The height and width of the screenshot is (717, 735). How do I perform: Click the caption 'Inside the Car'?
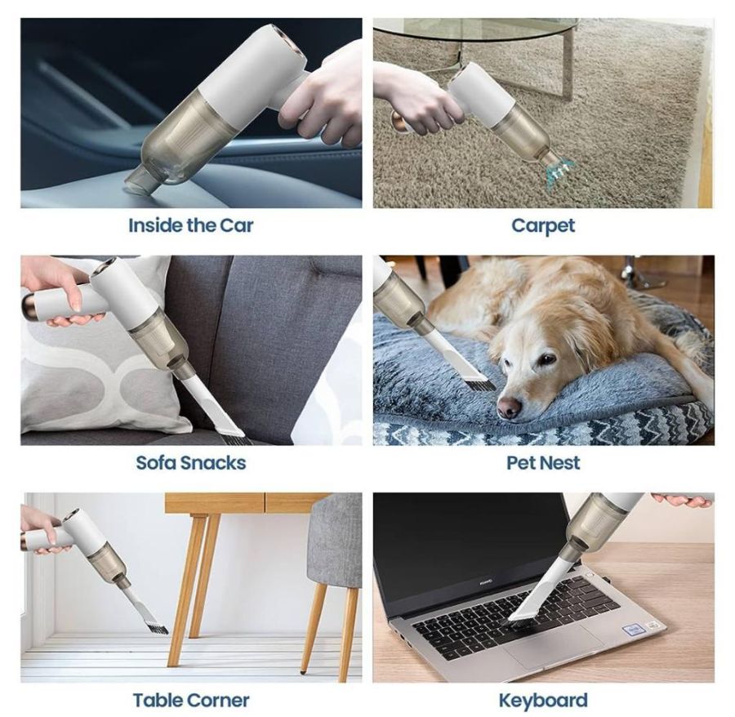(191, 225)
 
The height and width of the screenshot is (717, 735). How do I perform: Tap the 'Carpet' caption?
(543, 226)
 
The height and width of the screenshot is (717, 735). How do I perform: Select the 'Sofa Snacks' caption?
(191, 462)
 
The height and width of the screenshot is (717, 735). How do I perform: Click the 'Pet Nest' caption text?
(543, 462)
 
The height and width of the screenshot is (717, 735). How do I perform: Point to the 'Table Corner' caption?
(191, 700)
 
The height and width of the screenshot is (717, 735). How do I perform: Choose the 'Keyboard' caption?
(543, 701)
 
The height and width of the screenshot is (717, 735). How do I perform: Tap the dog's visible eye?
(546, 359)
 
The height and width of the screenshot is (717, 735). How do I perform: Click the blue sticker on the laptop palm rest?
(634, 629)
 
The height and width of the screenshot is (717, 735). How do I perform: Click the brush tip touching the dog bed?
(480, 385)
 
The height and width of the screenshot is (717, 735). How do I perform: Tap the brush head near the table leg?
(156, 627)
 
